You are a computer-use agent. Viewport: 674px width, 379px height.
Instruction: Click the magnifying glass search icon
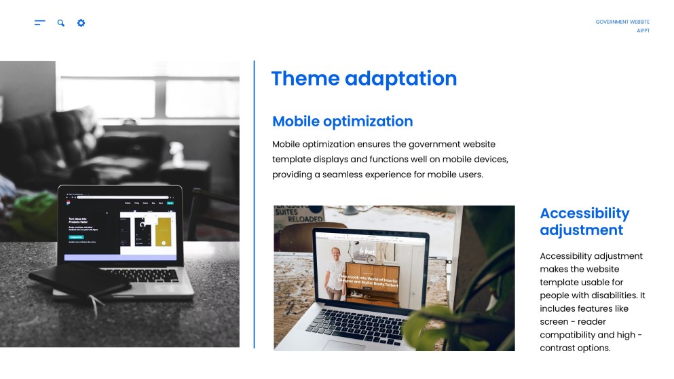61,23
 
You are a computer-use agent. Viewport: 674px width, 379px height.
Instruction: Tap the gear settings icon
81,23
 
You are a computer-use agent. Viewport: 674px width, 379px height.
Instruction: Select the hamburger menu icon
39,23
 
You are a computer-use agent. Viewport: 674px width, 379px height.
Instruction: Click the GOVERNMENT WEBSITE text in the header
622,22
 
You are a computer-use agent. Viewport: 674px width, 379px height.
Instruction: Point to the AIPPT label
643,31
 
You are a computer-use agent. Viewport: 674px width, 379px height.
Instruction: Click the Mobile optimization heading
342,122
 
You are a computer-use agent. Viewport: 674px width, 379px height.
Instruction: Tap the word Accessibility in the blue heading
584,213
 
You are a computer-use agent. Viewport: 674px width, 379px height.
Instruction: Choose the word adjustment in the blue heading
581,230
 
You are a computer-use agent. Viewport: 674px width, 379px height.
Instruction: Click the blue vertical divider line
255,204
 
